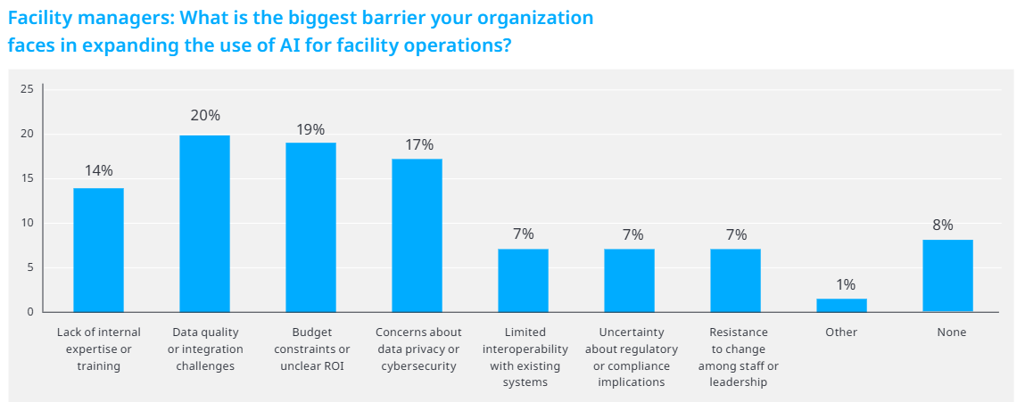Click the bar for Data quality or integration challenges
pyautogui.click(x=204, y=224)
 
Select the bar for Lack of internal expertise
pyautogui.click(x=99, y=250)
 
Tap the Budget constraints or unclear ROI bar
pyautogui.click(x=310, y=227)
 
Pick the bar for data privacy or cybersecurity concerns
pyautogui.click(x=417, y=235)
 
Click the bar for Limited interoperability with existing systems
pyautogui.click(x=523, y=281)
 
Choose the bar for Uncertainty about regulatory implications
pyautogui.click(x=629, y=281)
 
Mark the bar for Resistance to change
pyautogui.click(x=735, y=281)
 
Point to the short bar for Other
pyautogui.click(x=841, y=305)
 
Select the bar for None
pyautogui.click(x=948, y=275)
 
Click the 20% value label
pyautogui.click(x=205, y=116)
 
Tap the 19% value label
pyautogui.click(x=311, y=130)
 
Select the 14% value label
pyautogui.click(x=99, y=170)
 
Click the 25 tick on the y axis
pyautogui.click(x=27, y=89)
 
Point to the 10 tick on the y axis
pyautogui.click(x=27, y=223)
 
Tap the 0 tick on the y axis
pyautogui.click(x=30, y=312)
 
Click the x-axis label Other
pyautogui.click(x=841, y=332)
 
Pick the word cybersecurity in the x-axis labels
pyautogui.click(x=418, y=365)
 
